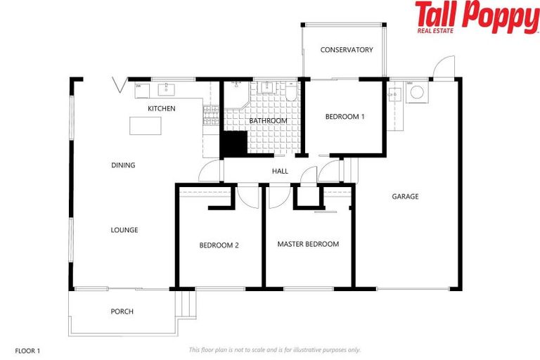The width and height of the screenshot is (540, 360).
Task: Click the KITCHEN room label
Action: click(161, 108)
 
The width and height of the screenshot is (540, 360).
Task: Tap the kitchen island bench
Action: click(145, 125)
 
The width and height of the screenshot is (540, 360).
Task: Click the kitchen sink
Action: click(167, 89)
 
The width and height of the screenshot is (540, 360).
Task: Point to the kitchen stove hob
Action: click(209, 115)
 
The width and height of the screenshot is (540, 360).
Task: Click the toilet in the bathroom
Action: click(290, 89)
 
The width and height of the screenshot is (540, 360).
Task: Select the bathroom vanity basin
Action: click(268, 88)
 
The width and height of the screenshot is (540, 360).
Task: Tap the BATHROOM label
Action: click(268, 121)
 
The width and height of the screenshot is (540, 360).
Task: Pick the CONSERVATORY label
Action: click(346, 50)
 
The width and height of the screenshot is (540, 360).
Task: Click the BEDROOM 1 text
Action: click(345, 117)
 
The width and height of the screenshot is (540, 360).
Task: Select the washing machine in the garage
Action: click(416, 91)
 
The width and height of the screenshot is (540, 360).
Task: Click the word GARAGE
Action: click(405, 197)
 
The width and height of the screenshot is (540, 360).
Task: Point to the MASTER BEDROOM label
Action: click(308, 244)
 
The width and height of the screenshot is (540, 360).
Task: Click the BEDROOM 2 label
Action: click(219, 245)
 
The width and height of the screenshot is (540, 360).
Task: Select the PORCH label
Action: click(122, 311)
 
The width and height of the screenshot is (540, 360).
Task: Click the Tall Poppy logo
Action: click(475, 17)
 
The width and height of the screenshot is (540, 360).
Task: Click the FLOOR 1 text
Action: click(28, 349)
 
